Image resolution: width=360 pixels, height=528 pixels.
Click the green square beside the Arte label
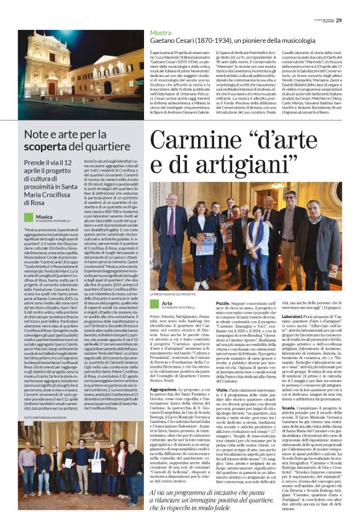(154, 304)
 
